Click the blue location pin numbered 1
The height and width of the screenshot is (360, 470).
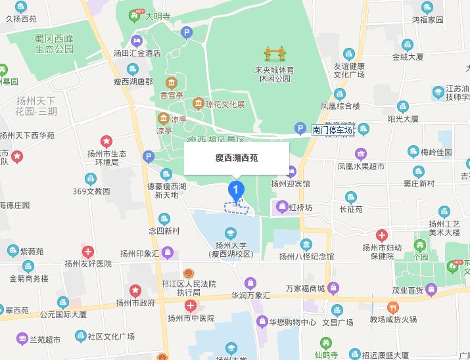(x=236, y=190)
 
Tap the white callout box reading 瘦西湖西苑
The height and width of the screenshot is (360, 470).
(x=236, y=158)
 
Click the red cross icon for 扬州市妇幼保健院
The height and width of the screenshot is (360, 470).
(x=382, y=235)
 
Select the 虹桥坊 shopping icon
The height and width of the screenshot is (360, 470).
(x=281, y=209)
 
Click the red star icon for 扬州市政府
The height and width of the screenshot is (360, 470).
(x=135, y=290)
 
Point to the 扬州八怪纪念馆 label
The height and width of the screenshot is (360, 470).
(x=306, y=256)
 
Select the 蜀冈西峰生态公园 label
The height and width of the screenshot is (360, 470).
(x=63, y=45)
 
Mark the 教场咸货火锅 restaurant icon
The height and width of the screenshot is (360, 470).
(x=392, y=307)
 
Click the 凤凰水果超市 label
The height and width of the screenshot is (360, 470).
(x=361, y=167)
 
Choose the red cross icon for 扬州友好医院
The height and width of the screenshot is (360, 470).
(x=88, y=251)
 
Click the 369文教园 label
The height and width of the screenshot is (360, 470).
(x=91, y=192)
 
